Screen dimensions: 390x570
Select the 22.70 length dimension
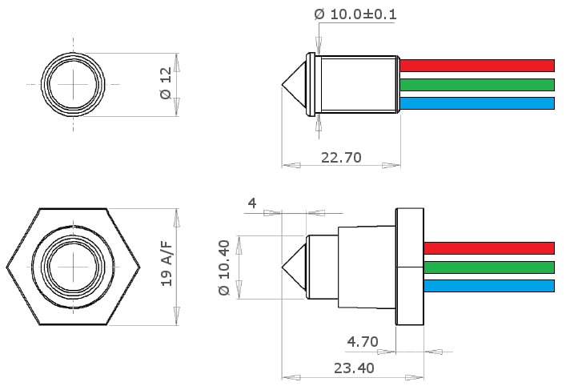tap(341, 157)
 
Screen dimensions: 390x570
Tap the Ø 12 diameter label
tap(167, 83)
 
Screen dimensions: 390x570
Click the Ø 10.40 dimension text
tap(224, 267)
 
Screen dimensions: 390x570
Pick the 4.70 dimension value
tap(363, 342)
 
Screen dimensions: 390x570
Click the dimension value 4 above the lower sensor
tap(252, 203)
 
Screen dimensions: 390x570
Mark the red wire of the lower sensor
tap(488, 248)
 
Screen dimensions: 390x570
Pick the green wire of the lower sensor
tap(488, 267)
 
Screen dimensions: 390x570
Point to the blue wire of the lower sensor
tap(488, 286)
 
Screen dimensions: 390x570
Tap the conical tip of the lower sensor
tap(295, 267)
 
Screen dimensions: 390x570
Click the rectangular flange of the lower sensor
tap(409, 266)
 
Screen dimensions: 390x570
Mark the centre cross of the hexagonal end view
tap(73, 266)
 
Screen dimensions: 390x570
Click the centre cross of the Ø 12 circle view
tap(73, 83)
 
